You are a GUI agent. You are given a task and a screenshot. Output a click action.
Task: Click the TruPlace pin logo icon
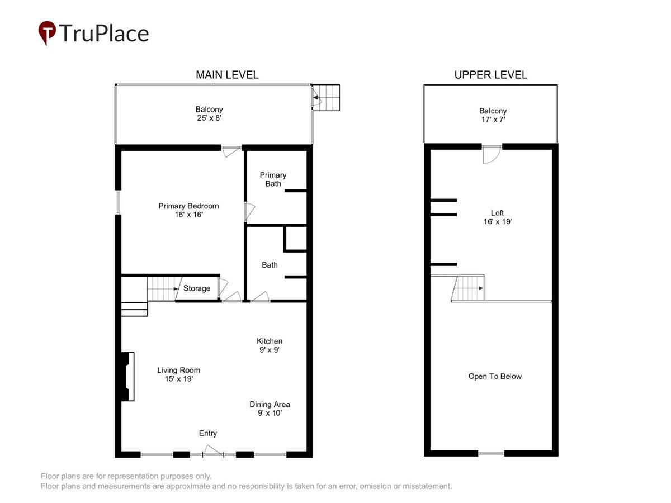coord(47,32)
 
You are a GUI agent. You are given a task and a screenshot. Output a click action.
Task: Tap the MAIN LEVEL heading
coord(227,75)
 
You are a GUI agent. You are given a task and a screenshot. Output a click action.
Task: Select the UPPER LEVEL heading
coord(490,75)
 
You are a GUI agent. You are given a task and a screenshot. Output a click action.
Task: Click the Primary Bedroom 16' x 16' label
coord(188,210)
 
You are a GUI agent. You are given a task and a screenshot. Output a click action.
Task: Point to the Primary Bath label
coord(273,179)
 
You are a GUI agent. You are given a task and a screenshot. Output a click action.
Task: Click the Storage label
coord(197,288)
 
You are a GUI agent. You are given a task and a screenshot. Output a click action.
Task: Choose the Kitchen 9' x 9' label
coord(270,345)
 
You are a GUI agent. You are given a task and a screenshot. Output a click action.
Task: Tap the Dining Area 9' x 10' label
coord(270,409)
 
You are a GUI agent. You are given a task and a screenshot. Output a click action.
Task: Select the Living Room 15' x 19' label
coord(178,374)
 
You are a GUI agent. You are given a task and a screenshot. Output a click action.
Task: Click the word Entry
coord(208,433)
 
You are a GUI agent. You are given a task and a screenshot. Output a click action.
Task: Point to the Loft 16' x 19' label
coord(497,217)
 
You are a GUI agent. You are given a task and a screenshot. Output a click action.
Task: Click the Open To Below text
coord(495,376)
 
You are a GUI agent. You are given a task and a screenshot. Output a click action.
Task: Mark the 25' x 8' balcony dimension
coord(209,118)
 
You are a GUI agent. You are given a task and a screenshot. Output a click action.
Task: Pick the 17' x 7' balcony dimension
coord(493,120)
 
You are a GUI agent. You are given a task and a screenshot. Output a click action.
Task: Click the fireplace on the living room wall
coord(128,376)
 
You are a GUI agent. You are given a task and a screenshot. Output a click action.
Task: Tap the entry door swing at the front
coord(213,451)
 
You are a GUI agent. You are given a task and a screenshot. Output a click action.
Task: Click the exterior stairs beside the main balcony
coord(326,98)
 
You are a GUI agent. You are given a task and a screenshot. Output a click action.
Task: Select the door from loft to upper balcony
coord(492,154)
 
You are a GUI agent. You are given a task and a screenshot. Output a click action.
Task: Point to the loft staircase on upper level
coord(467,288)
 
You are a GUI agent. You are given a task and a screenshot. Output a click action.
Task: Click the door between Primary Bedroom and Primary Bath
coord(249,211)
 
